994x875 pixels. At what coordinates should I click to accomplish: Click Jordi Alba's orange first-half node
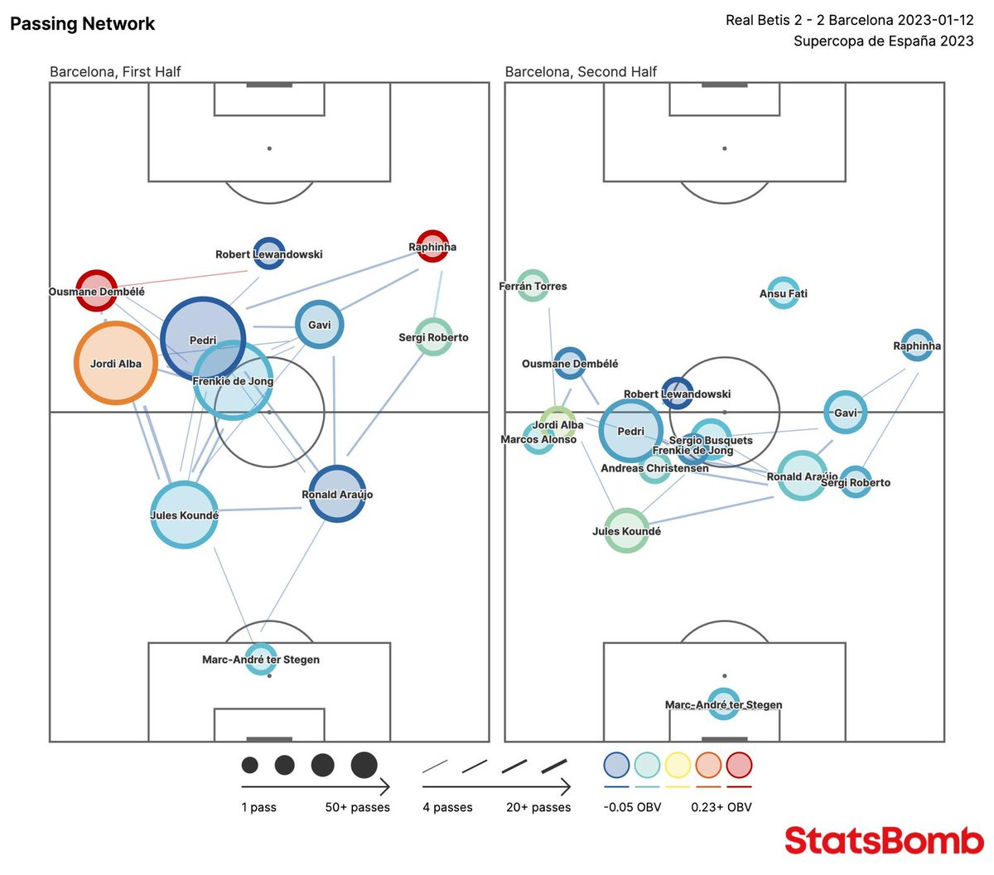pos(116,363)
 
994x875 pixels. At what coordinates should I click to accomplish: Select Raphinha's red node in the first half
pos(432,246)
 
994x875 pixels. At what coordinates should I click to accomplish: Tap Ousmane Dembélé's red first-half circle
pos(96,290)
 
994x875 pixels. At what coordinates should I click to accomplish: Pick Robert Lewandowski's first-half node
pos(268,254)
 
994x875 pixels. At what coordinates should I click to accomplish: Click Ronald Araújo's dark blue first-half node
pos(337,494)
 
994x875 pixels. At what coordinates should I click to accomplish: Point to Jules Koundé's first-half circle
pos(184,515)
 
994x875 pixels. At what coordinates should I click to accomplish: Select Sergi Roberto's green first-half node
pos(432,337)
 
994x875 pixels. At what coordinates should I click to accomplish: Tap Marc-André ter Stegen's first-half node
pos(261,659)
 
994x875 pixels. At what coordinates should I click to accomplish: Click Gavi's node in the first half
pos(320,325)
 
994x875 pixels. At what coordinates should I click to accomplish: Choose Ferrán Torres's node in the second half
pos(533,286)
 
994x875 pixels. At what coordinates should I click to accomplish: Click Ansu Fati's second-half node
pos(783,293)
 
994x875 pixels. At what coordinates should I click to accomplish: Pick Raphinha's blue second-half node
pos(916,345)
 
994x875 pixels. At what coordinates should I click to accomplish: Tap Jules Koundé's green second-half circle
pos(626,530)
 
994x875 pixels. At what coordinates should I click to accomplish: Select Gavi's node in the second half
pos(845,413)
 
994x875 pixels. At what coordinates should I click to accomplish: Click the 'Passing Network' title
pos(82,24)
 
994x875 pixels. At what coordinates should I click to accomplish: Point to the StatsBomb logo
pos(884,840)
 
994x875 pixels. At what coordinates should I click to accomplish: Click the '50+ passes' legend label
pos(357,807)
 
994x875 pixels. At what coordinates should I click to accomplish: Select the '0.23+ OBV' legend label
pos(721,807)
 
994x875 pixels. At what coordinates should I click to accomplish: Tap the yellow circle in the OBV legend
pos(678,765)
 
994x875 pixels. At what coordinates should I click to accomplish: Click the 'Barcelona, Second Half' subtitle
pos(581,72)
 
